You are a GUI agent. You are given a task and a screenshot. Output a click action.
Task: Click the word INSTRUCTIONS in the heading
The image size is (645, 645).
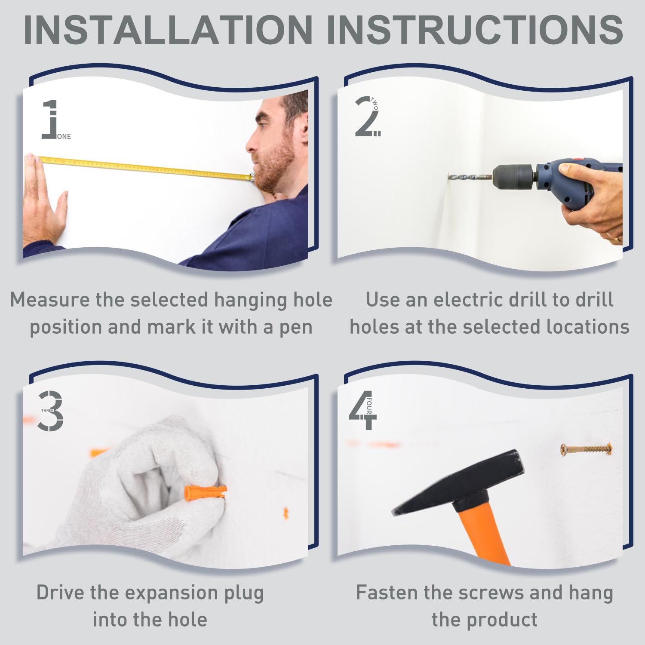[x=475, y=30]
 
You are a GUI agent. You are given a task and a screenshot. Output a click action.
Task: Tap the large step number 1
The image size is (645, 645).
[x=50, y=119]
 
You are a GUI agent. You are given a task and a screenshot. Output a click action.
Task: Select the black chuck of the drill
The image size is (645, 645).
[x=514, y=176]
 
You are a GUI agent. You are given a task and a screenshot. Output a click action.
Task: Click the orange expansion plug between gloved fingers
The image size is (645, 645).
[x=205, y=493]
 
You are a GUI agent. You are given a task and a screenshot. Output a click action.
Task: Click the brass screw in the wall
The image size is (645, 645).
[x=586, y=449]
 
